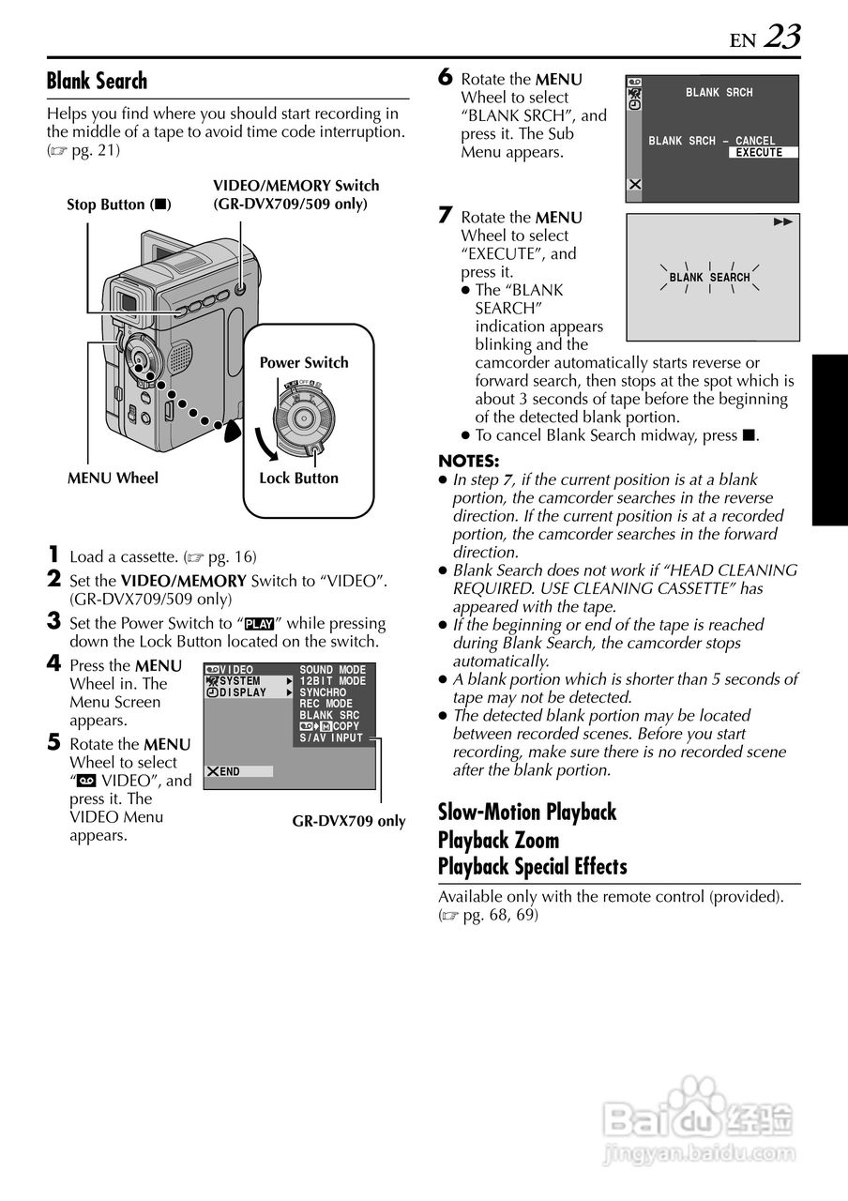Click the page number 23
click(782, 37)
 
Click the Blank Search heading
click(97, 81)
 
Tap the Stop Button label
click(118, 205)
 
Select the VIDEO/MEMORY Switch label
click(295, 194)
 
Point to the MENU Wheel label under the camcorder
click(113, 478)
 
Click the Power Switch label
click(304, 362)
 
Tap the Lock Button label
click(298, 478)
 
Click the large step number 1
click(54, 555)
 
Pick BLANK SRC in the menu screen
click(329, 715)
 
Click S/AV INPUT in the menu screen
click(330, 738)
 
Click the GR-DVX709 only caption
click(349, 821)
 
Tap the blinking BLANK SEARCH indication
click(709, 278)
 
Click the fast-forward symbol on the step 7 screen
click(782, 222)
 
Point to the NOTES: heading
click(469, 461)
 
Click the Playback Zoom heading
click(498, 840)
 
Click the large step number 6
click(446, 78)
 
